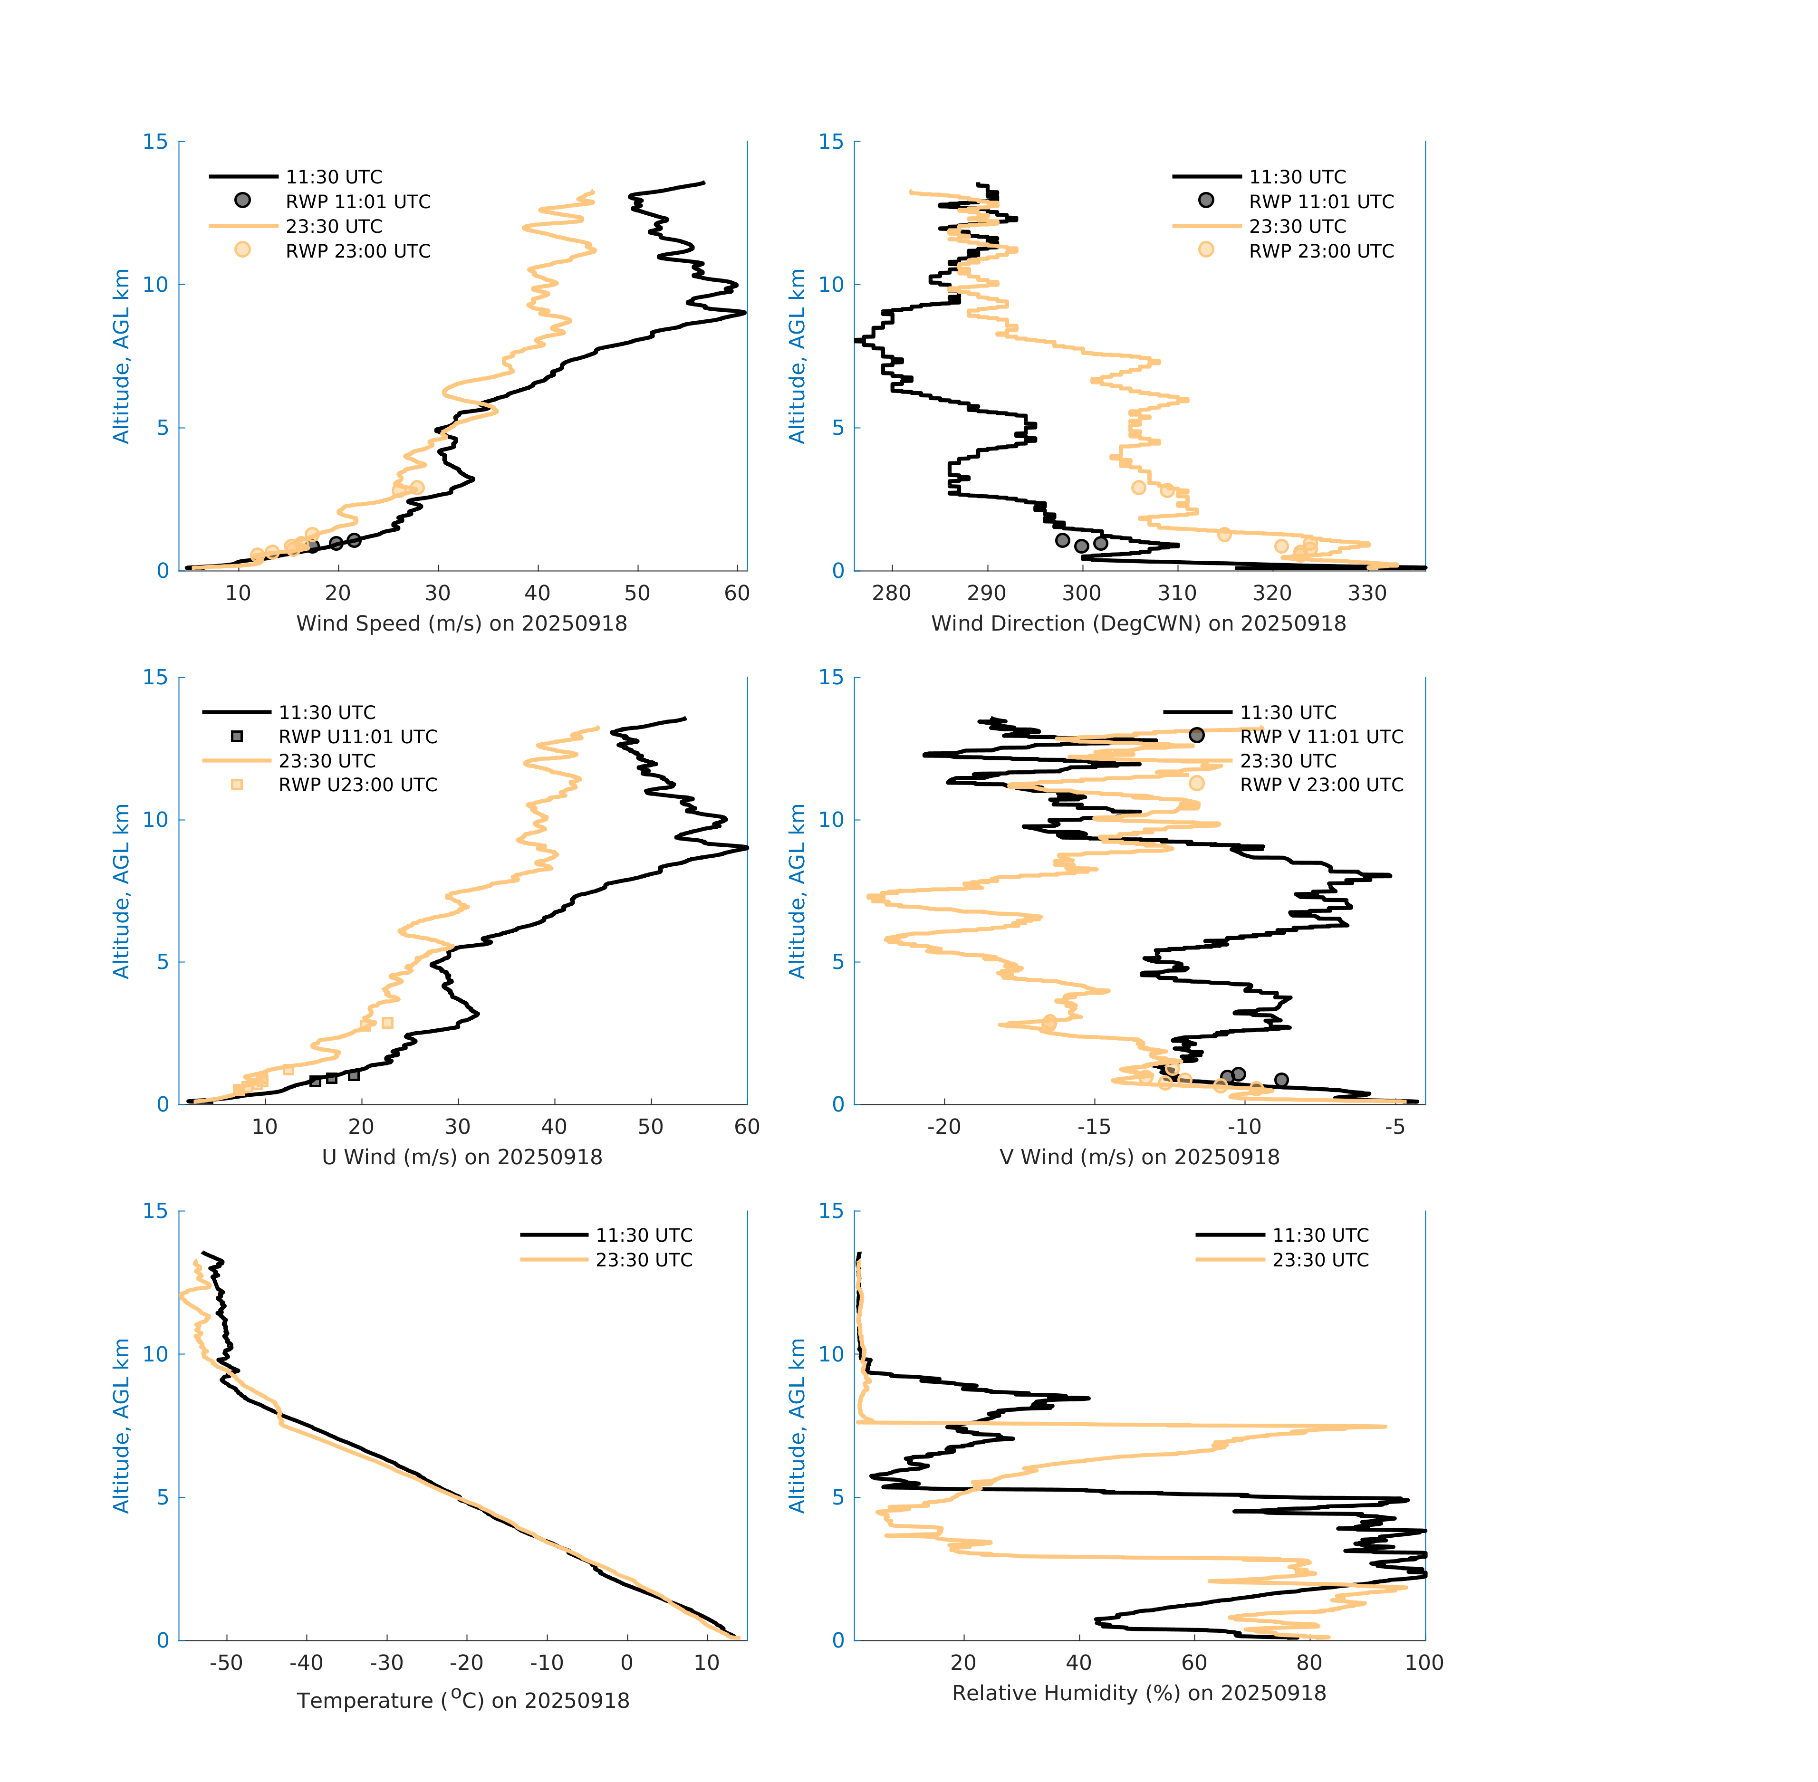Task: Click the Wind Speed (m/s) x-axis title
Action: pos(462,623)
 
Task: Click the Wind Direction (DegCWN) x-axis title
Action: pos(1138,623)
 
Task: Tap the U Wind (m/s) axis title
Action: pos(462,1157)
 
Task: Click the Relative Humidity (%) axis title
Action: pos(1138,1693)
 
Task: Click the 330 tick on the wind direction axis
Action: pos(1367,594)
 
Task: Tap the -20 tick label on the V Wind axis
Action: pos(943,1127)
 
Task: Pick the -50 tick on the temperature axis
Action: pos(226,1663)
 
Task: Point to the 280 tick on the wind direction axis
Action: pos(891,594)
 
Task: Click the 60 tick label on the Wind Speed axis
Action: pos(737,594)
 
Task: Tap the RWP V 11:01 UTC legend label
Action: pos(1321,737)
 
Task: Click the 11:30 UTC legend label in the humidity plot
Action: pos(1320,1236)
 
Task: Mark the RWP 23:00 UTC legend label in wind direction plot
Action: pos(1321,251)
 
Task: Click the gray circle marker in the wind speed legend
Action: pos(242,200)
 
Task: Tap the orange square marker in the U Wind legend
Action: pos(237,784)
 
